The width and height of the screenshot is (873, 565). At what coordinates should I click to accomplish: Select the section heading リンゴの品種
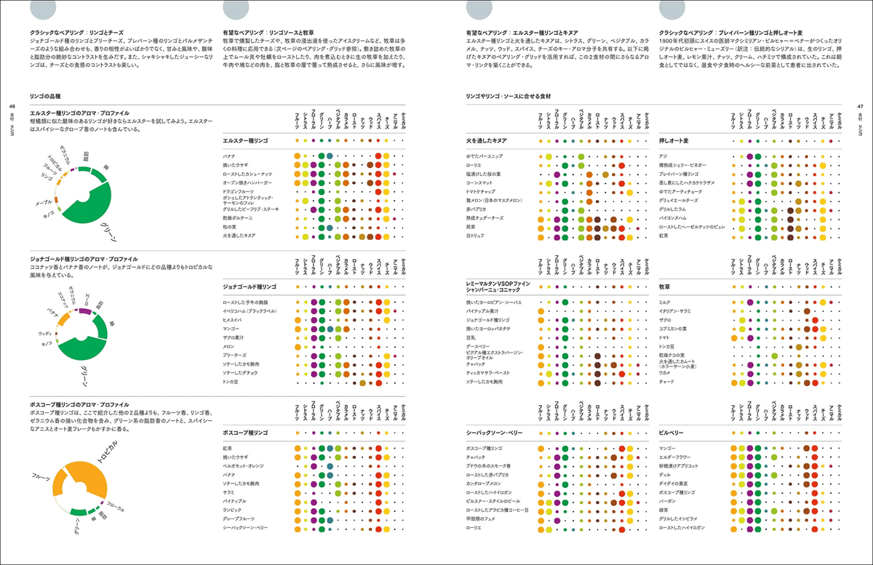44,95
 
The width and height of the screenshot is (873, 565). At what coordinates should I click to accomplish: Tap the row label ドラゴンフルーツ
242,191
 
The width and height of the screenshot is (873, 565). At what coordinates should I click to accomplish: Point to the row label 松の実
232,228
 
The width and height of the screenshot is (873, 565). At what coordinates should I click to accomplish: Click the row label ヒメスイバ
234,319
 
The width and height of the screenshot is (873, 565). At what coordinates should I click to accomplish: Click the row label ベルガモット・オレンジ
248,465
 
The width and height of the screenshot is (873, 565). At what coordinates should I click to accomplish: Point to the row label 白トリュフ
477,236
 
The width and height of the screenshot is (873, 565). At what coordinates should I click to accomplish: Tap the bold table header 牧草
667,286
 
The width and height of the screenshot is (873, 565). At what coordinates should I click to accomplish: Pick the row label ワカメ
665,372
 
